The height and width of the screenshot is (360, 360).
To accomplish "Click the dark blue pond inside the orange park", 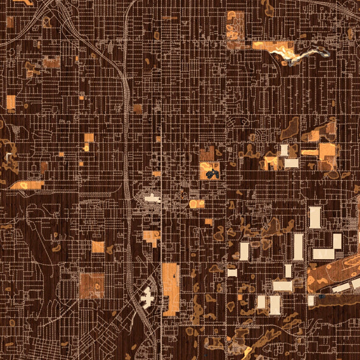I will pos(211,174).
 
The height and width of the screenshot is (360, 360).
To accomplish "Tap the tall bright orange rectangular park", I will pos(171,289).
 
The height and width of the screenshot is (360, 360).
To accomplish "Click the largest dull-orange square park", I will pos(92,286).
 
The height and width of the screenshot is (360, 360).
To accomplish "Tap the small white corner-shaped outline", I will pos(8,156).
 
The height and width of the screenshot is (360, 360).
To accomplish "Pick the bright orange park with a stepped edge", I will pos(152,238).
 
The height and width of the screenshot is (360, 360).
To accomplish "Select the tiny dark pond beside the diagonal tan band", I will pos(322,296).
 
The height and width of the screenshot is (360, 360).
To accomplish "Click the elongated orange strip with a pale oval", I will pos(26,185).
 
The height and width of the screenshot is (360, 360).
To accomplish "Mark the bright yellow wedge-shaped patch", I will pos(247,350).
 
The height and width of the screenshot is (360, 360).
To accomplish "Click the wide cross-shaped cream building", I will pos(152,199).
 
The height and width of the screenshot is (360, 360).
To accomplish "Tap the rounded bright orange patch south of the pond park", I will pos(197,203).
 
